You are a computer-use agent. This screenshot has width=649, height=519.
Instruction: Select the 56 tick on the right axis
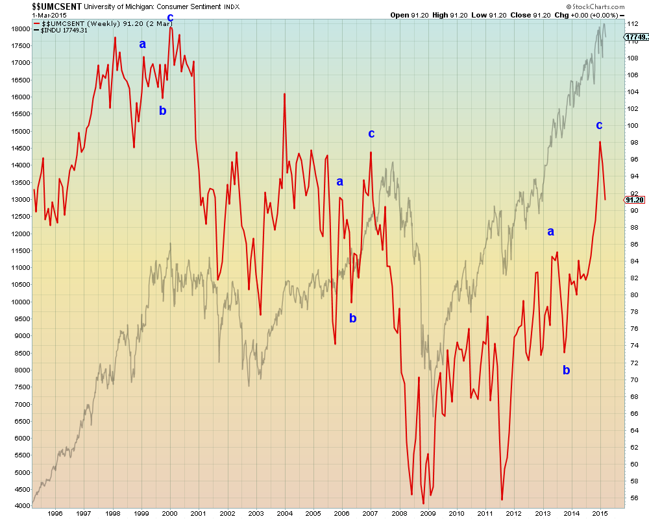[631, 498]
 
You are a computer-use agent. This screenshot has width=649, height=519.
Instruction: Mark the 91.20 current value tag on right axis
[634, 200]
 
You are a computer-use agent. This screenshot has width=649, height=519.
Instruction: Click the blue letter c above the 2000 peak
[170, 17]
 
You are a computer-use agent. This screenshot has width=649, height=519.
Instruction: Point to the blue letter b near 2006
[353, 318]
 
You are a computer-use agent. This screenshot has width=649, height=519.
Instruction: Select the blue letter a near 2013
[550, 232]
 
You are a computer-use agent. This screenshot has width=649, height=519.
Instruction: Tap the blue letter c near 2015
[599, 125]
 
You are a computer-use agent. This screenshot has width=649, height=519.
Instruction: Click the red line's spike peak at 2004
[284, 95]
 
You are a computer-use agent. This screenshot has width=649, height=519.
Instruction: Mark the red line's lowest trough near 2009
[423, 503]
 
